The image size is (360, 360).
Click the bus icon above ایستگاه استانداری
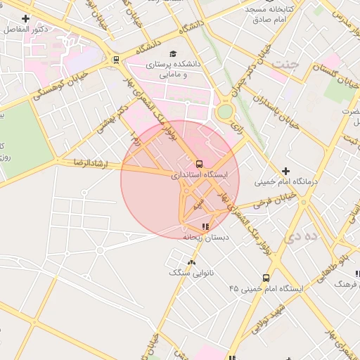pos(199,163)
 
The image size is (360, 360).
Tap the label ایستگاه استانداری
pos(199,173)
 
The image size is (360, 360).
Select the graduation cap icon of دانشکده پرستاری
pos(173,53)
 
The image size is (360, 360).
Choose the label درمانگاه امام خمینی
pos(285,182)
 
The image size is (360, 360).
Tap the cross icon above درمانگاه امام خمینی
pos(285,171)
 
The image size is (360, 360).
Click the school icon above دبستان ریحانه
pos(205,226)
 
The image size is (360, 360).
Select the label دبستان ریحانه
pos(198,237)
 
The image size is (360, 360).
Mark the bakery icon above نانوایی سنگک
pos(191,262)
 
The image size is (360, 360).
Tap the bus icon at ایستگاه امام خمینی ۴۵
pos(265,278)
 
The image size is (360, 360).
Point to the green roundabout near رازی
pos(224,111)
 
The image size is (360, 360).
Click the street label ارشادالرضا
pos(88,163)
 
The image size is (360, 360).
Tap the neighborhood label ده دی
pos(301,237)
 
